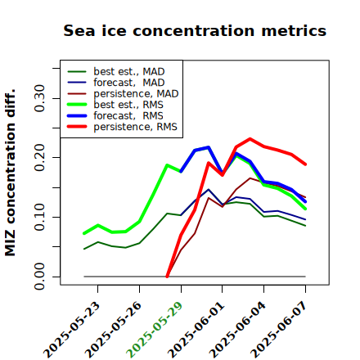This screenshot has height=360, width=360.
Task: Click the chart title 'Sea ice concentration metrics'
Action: pos(195,30)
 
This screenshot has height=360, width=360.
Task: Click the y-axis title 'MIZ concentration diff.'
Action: pos(10,173)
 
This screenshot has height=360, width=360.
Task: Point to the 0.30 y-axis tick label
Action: pos(39,98)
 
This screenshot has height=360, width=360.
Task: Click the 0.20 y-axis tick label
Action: pos(39,157)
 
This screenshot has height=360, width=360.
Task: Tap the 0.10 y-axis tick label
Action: pos(39,217)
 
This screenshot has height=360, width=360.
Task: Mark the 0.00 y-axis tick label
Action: pos(39,277)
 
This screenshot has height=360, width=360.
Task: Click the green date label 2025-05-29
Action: pos(155,330)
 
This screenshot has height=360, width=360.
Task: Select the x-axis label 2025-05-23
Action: pos(71,330)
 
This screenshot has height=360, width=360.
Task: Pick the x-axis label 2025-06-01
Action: pos(196,330)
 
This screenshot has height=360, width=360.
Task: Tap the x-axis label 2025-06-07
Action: pos(279,330)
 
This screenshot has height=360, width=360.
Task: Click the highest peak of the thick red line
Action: pos(250,139)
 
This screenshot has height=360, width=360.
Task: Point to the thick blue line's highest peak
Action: pos(209,147)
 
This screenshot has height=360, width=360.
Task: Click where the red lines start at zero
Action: pos(167,277)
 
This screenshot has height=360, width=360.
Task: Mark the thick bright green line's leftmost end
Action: pos(84,233)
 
